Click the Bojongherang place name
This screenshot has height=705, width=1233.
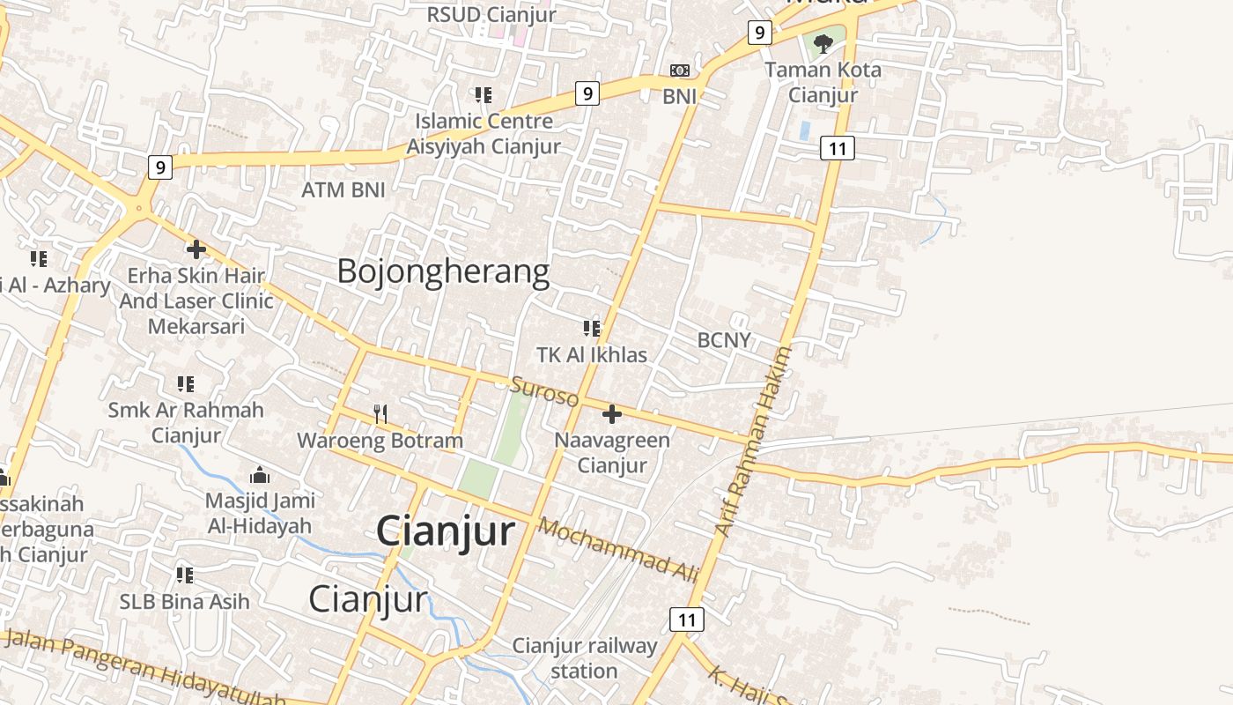point(443,271)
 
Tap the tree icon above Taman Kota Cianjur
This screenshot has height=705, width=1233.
point(823,42)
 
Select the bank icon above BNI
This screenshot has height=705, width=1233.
point(680,70)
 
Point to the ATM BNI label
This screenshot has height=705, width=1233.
point(343,189)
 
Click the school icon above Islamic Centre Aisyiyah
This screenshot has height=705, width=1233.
point(483,94)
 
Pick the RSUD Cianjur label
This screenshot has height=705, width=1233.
point(491,14)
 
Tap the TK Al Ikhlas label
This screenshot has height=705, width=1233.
point(592,355)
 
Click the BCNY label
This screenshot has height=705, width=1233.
point(724,340)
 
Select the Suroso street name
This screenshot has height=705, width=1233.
point(545,391)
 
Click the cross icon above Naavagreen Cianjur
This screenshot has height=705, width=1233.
point(612,414)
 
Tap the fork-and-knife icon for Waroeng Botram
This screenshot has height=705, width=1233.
point(380,413)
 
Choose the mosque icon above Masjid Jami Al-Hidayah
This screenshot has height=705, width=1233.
point(260,476)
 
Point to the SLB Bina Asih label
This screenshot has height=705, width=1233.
point(185,602)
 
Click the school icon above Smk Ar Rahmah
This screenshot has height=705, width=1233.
point(185,383)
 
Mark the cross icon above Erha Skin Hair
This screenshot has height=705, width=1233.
point(196,249)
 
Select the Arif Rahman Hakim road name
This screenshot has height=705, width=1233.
point(754,441)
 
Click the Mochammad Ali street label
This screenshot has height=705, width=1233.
point(617,550)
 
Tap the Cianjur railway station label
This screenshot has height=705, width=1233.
point(585,658)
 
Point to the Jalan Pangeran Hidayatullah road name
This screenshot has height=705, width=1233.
point(145,670)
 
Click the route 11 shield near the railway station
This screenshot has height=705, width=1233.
point(687,620)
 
